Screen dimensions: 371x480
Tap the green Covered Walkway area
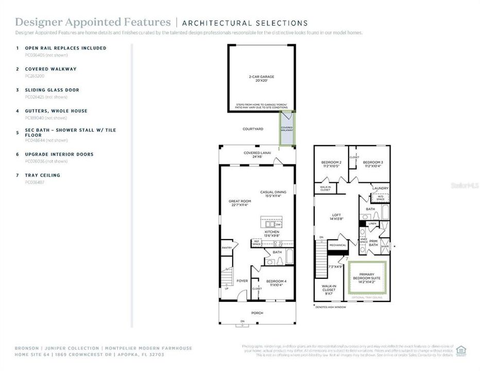(x=287, y=129)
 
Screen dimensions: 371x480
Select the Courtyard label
(x=253, y=129)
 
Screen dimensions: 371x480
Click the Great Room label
(x=238, y=203)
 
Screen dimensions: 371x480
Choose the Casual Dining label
(x=273, y=193)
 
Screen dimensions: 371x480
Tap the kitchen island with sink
(x=271, y=225)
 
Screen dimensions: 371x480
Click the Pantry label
(x=227, y=248)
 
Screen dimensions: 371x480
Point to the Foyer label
(x=242, y=281)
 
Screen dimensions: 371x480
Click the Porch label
(x=257, y=312)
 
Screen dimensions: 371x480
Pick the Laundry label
(x=381, y=189)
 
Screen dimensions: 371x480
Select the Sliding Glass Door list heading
(x=52, y=90)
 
